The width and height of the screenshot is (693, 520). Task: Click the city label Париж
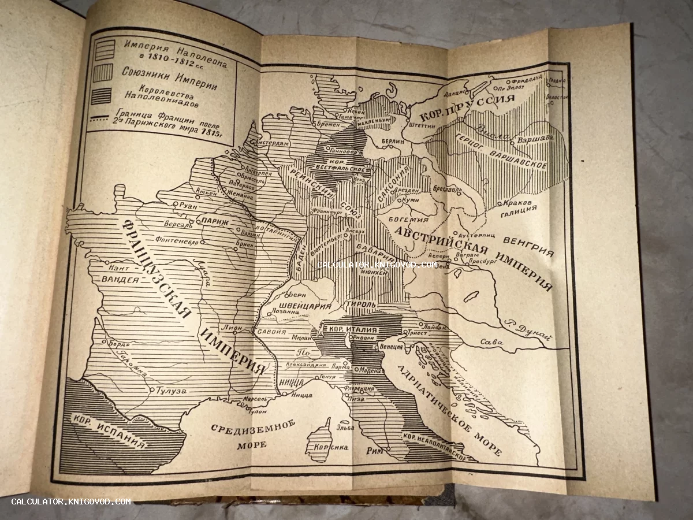(x=213, y=221)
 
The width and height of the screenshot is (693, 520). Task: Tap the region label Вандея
(x=120, y=280)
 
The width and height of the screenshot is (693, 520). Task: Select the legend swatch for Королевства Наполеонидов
(x=101, y=96)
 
